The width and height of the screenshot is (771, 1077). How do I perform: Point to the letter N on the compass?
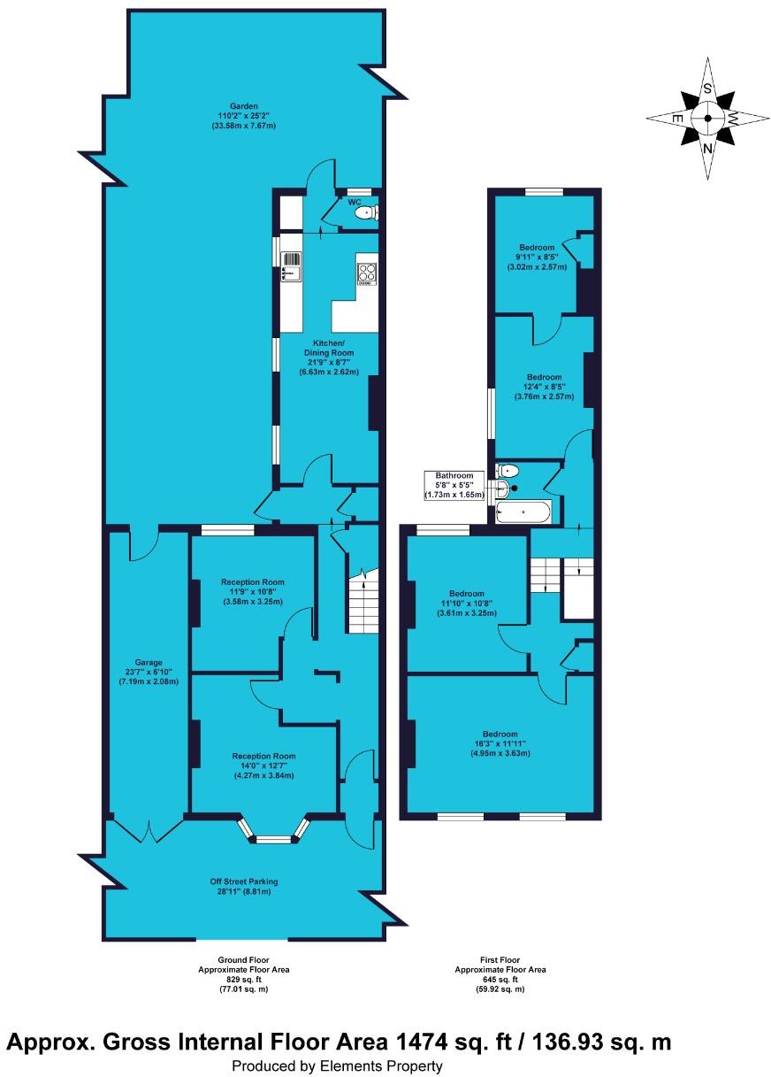[707, 149]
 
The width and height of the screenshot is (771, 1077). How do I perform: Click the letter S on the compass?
[707, 88]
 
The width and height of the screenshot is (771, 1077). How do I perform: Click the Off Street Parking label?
[243, 881]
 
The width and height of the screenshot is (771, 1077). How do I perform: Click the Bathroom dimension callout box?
[454, 485]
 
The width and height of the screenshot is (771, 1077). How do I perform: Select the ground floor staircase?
[361, 602]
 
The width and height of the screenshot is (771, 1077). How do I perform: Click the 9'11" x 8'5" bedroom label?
[537, 257]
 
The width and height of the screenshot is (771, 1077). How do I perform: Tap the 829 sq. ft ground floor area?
[243, 980]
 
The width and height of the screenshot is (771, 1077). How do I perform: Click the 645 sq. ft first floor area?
[500, 980]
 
